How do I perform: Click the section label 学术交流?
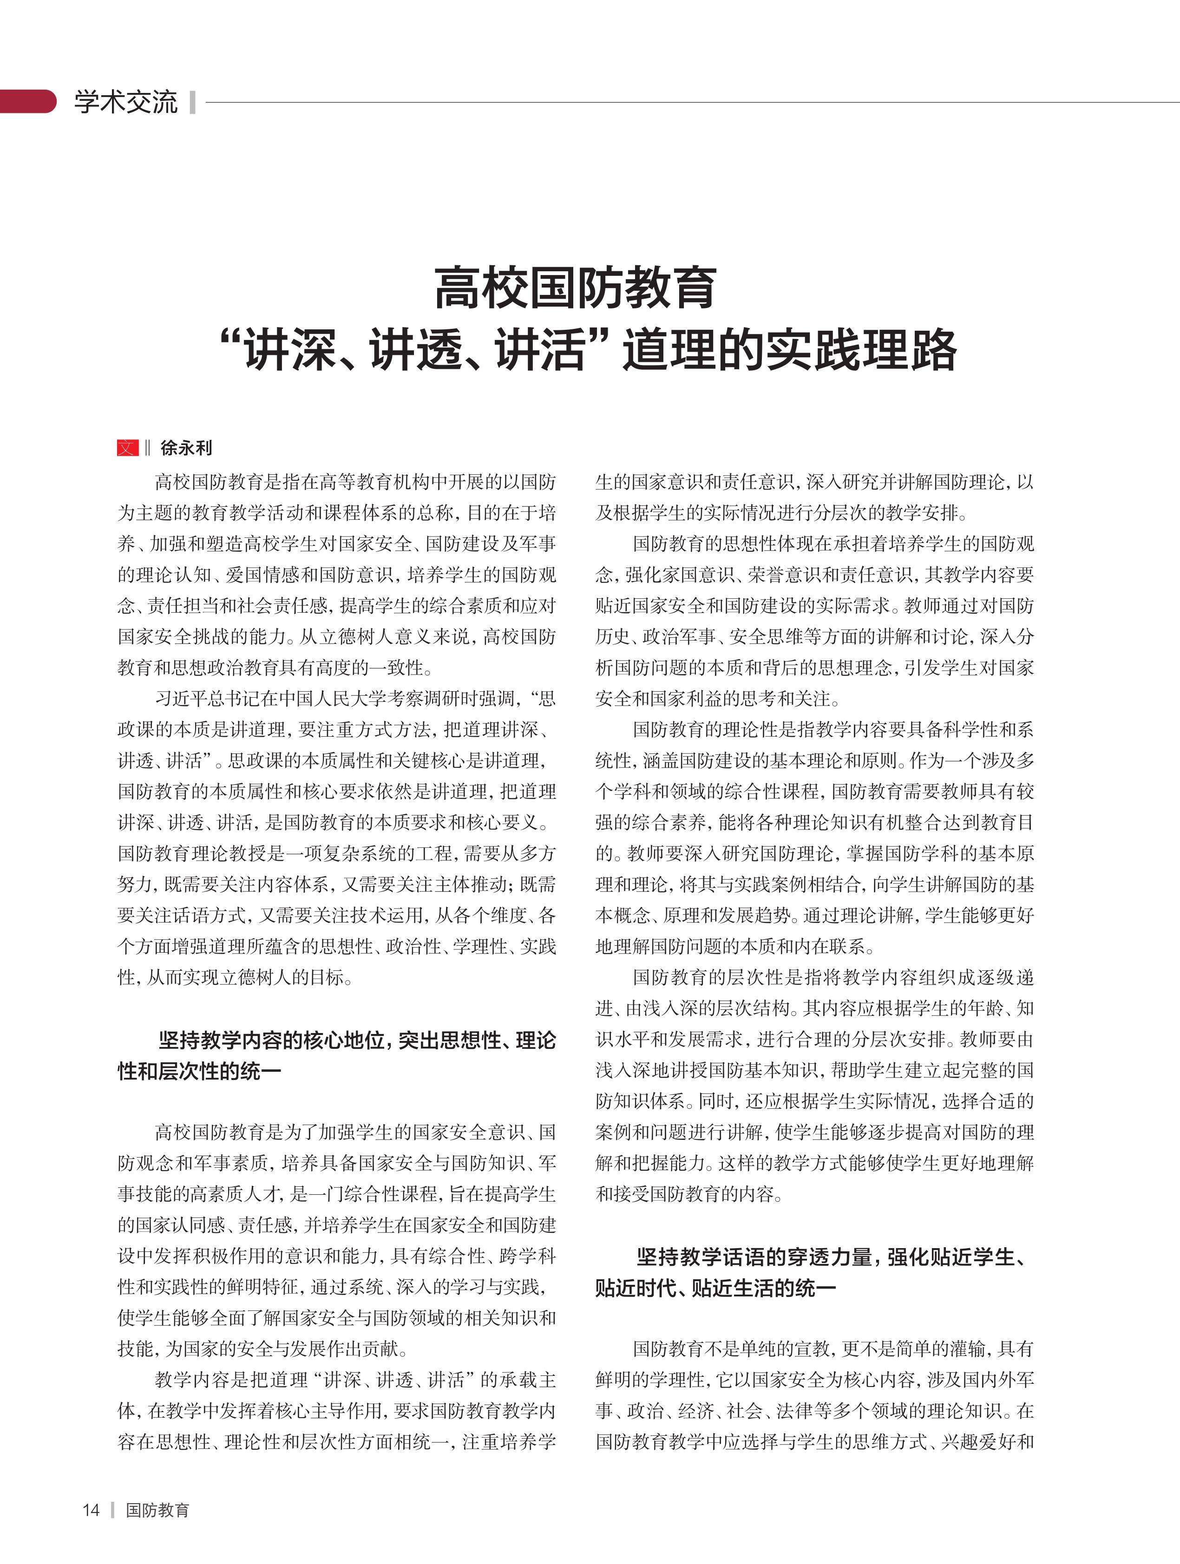[126, 102]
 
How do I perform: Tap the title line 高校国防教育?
[576, 288]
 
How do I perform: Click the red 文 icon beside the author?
[127, 448]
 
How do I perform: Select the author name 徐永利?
[186, 448]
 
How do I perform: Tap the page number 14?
[91, 1510]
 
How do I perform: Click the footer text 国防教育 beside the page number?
[157, 1510]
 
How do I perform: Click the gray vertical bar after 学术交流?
[192, 102]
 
